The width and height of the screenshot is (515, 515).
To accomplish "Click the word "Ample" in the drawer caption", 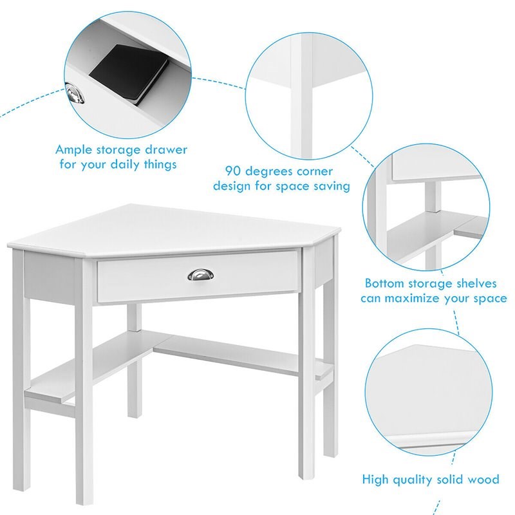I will click(x=74, y=150).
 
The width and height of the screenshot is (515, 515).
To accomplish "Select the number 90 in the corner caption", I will click(x=232, y=172).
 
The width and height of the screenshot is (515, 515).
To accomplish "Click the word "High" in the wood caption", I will click(x=375, y=480).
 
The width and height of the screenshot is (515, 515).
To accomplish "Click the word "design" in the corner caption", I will click(x=233, y=187).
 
